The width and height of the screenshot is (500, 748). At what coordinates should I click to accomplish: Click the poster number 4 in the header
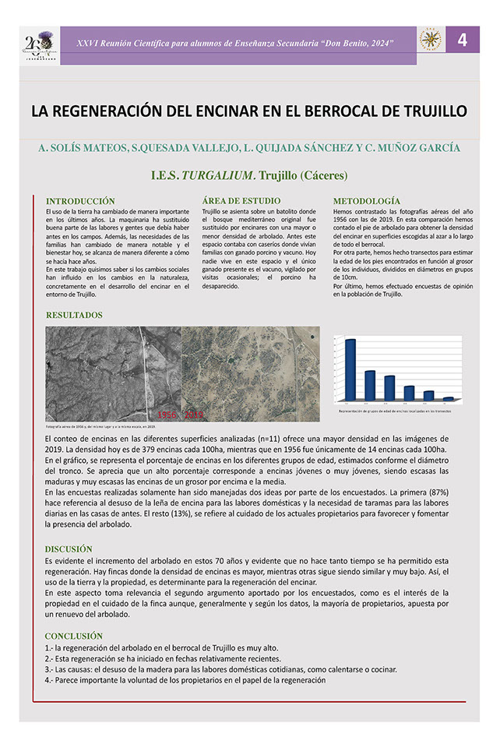(462, 41)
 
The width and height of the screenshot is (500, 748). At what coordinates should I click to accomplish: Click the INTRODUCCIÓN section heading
(80, 201)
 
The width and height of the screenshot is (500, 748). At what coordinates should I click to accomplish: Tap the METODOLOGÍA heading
(366, 201)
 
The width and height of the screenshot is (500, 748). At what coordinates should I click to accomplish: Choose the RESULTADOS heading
(74, 316)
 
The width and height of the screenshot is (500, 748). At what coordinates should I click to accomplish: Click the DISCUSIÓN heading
(69, 549)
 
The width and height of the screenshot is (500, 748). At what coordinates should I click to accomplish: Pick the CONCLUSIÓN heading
(74, 636)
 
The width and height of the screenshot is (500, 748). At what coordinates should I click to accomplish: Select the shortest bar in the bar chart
(449, 398)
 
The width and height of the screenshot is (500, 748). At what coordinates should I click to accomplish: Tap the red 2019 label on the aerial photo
(193, 415)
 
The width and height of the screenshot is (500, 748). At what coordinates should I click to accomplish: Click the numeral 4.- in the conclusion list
(50, 680)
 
